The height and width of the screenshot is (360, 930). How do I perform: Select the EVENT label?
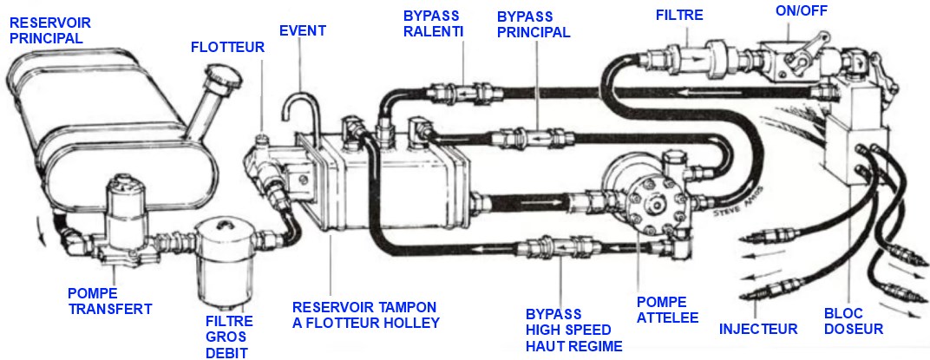coord(302,30)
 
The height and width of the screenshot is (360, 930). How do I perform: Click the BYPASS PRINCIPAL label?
coord(534,24)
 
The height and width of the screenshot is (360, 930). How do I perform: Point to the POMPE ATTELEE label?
coord(666,310)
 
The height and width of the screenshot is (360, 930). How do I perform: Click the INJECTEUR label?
coord(757,329)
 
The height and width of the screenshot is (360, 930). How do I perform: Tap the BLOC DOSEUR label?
coord(853,321)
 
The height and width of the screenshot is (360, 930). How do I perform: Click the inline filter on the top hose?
coord(686,62)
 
